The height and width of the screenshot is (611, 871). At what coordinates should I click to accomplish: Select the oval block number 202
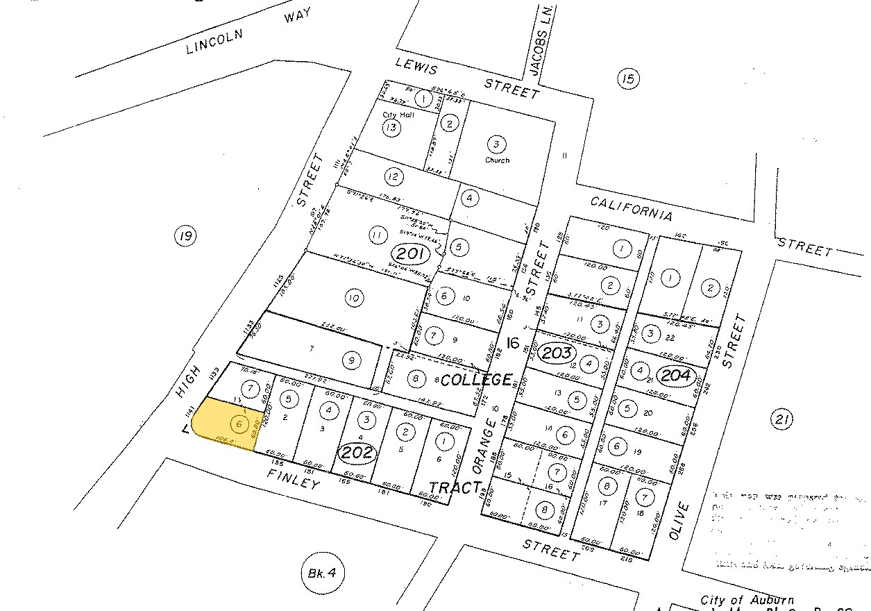tap(358, 453)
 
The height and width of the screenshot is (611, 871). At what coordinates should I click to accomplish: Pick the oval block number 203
tap(556, 353)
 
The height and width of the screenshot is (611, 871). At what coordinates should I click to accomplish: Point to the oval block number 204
tap(676, 376)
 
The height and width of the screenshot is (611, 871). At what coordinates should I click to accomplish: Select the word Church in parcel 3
tap(497, 160)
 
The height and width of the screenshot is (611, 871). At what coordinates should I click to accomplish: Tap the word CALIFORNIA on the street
tap(632, 208)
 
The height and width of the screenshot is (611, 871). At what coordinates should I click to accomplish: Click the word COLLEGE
tap(477, 380)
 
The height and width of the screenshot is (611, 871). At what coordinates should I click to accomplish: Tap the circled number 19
tap(185, 237)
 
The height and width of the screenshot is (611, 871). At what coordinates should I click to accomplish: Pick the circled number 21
tap(781, 419)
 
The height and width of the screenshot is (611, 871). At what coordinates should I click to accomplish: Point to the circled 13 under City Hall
tap(392, 127)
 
